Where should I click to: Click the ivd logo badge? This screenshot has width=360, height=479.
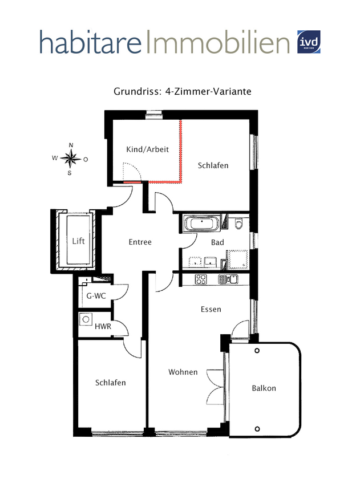[310, 42]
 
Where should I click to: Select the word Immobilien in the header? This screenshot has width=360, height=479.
[217, 42]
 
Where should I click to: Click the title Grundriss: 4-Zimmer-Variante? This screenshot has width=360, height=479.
[183, 91]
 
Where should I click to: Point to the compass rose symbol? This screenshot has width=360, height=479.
[70, 158]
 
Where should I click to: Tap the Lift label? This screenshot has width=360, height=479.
[79, 241]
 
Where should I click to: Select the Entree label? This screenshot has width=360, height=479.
[140, 242]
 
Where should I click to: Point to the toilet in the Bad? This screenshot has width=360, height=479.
[239, 222]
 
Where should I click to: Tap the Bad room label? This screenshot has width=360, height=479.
[217, 242]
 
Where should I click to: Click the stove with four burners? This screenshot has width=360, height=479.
[201, 279]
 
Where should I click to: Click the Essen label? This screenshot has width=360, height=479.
[211, 310]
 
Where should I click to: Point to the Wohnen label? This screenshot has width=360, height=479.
[183, 372]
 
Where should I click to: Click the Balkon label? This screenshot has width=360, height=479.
[264, 388]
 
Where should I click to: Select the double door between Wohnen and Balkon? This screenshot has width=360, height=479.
[217, 385]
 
